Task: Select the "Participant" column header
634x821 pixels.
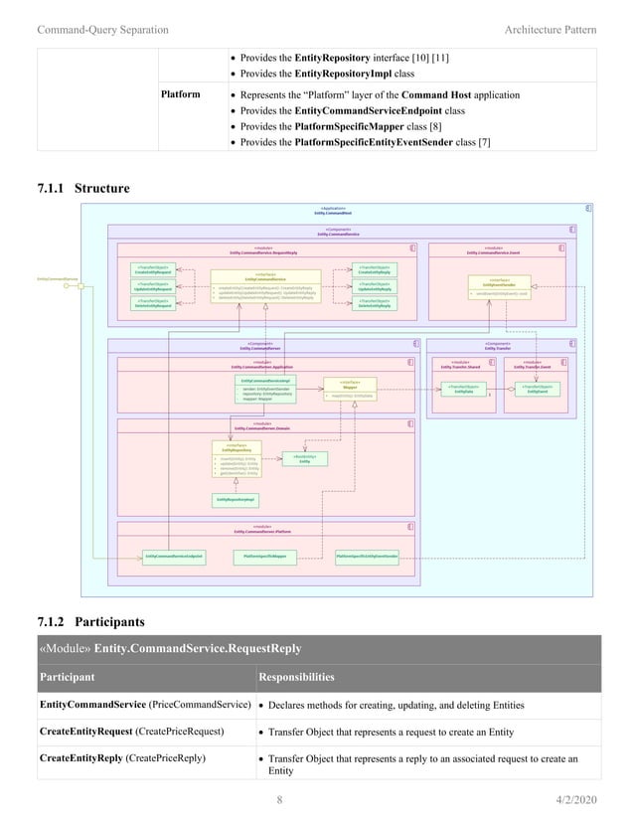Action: pos(67,677)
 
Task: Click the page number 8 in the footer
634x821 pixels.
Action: pos(279,798)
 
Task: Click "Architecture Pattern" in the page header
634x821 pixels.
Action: pos(551,30)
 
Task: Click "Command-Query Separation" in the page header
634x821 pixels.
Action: pos(102,30)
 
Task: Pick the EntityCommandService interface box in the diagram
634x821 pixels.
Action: pos(265,284)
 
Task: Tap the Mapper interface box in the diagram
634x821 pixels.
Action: pos(350,389)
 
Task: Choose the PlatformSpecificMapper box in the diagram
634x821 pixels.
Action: pos(264,556)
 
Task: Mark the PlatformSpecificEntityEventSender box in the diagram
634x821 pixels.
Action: pos(367,556)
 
